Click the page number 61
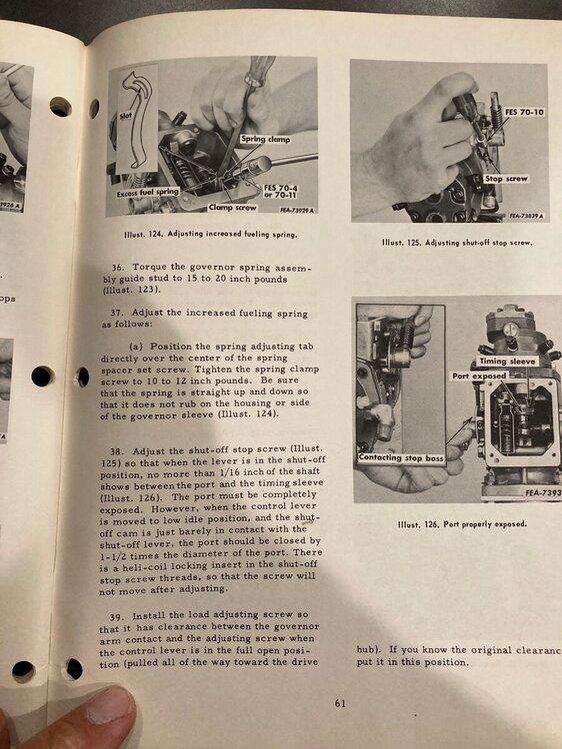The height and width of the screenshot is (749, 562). pyautogui.click(x=340, y=703)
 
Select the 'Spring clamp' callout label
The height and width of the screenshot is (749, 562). pyautogui.click(x=265, y=139)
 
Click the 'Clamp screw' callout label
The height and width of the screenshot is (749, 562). pyautogui.click(x=232, y=208)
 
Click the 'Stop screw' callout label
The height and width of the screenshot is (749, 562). pyautogui.click(x=507, y=179)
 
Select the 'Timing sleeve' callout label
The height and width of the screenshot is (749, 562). pyautogui.click(x=509, y=360)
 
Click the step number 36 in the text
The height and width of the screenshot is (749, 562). pyautogui.click(x=118, y=269)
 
